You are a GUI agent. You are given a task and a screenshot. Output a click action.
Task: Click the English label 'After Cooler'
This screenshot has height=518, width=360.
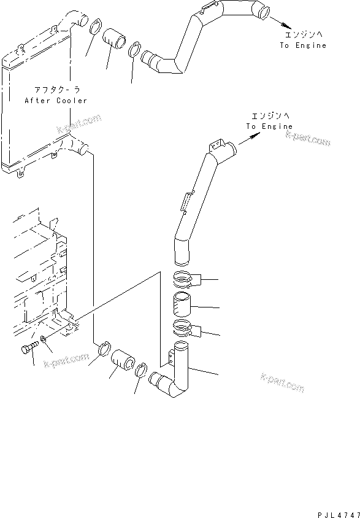(x=55, y=100)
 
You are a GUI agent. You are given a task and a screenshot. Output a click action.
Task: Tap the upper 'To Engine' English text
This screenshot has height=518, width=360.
(x=304, y=45)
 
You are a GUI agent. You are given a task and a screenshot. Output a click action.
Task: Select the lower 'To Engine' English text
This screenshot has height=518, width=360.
(x=269, y=126)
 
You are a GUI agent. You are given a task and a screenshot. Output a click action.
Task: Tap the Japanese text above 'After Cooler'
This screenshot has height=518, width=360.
(x=55, y=90)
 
